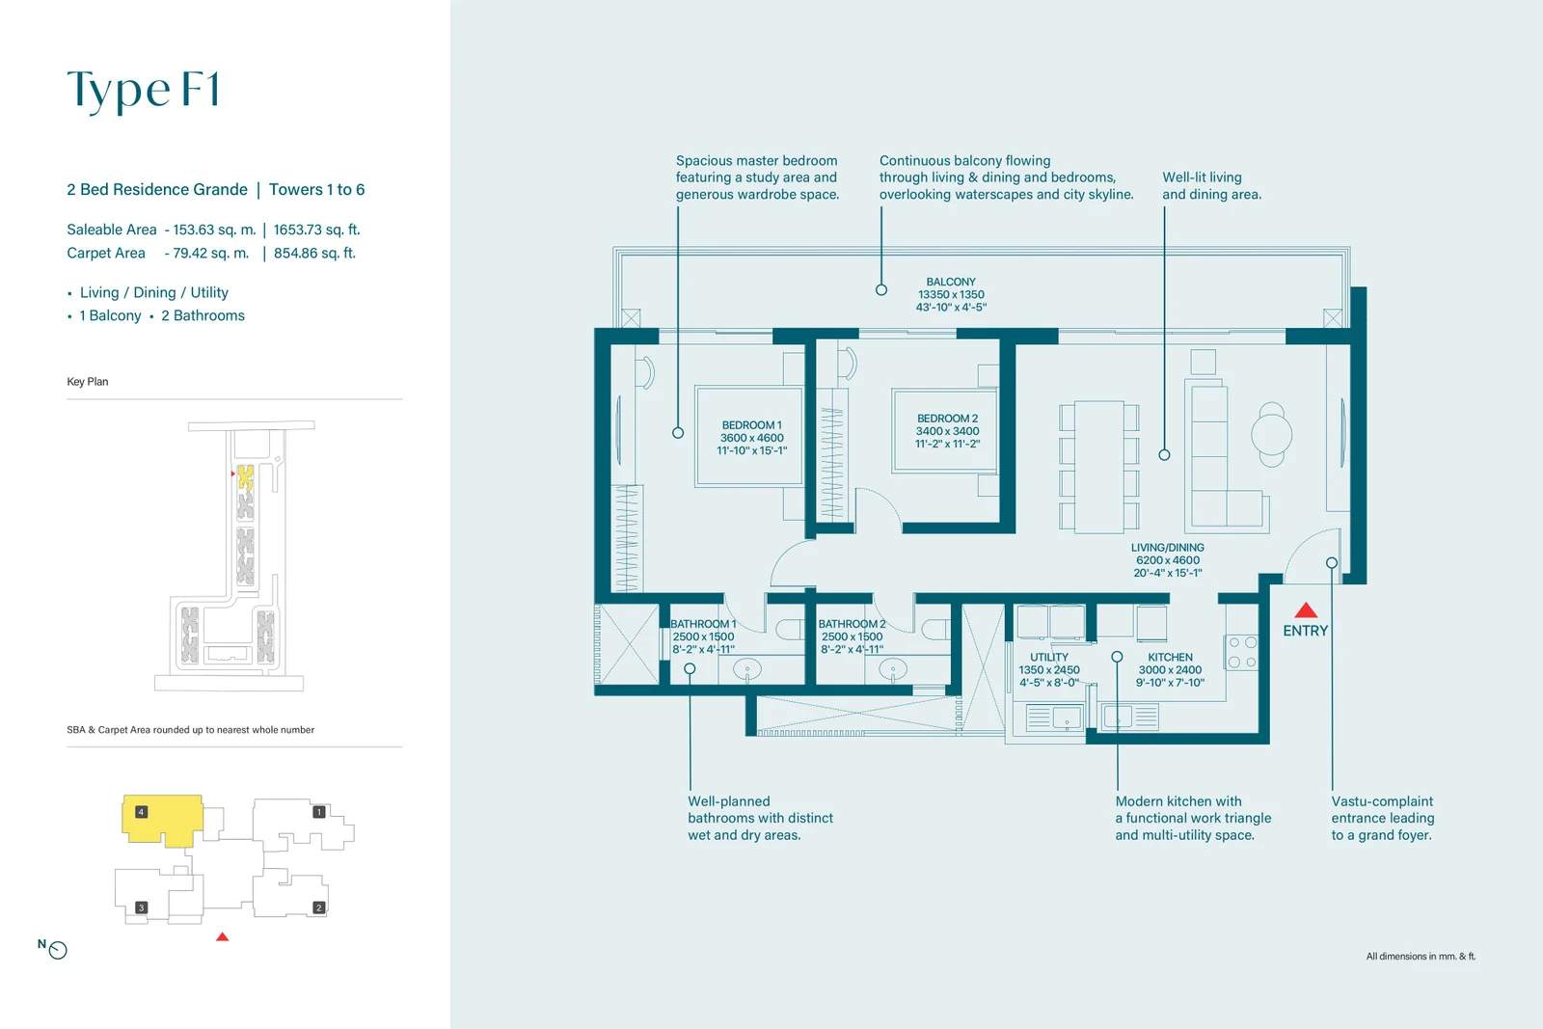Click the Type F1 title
(144, 91)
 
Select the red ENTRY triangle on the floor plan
(1306, 610)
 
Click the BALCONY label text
(951, 282)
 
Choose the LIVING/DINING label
(1168, 548)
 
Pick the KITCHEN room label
(1170, 657)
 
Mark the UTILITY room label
(1049, 657)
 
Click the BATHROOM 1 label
(703, 624)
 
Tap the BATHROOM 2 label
(853, 624)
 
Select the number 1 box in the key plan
(319, 812)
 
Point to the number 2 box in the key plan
(319, 907)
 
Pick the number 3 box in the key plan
(141, 907)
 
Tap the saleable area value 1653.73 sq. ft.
(317, 230)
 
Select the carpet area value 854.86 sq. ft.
(314, 253)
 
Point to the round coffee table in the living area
(1272, 435)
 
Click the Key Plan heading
(88, 382)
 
